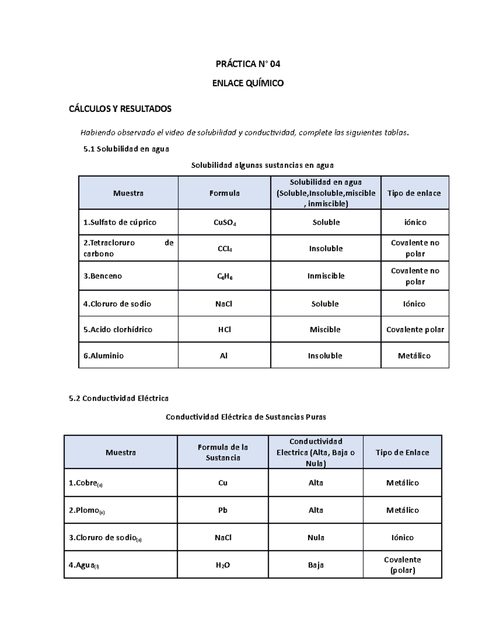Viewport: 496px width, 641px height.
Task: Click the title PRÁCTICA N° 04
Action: [248, 64]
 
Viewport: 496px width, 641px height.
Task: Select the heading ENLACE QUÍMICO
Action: [248, 83]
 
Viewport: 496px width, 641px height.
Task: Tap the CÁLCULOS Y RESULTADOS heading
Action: [120, 109]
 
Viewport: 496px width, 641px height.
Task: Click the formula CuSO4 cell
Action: [224, 222]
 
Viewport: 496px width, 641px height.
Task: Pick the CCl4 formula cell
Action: [224, 248]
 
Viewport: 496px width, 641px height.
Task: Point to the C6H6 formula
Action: [224, 276]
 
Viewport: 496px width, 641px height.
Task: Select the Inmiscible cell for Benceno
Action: [326, 276]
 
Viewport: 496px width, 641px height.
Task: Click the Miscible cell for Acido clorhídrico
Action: [325, 329]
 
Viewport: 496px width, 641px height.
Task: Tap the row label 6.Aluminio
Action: [104, 356]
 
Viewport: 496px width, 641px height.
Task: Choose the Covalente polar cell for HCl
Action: [415, 329]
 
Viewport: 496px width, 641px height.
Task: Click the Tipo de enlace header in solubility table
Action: [414, 193]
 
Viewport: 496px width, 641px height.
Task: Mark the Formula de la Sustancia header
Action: [223, 452]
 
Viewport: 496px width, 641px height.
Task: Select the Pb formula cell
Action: [223, 510]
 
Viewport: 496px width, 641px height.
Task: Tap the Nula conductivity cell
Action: [316, 537]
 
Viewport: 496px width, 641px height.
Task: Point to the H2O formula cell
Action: [223, 565]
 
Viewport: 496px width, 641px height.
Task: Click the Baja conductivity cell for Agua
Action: [316, 565]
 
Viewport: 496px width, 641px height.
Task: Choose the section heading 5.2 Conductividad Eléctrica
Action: [119, 398]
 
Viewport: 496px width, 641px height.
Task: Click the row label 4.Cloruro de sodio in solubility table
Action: [117, 304]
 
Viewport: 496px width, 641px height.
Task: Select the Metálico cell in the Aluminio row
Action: [414, 356]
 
